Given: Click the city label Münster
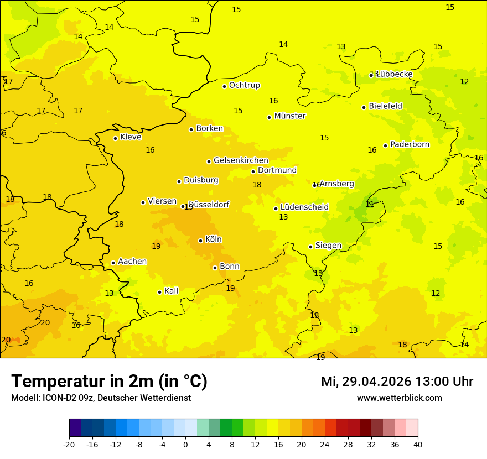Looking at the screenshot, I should click(289, 116).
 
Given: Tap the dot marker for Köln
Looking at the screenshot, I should click(200, 241).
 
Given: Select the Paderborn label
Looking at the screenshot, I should click(410, 144).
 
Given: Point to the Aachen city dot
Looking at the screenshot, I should click(113, 263).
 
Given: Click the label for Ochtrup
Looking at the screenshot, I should click(244, 85).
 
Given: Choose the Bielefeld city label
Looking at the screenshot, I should click(385, 106).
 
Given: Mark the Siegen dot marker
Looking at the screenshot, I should click(310, 247).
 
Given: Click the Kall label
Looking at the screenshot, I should click(171, 291).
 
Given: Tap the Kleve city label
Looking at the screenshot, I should click(131, 137).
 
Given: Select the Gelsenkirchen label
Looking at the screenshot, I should click(241, 160).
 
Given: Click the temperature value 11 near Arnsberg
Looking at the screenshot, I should click(370, 205).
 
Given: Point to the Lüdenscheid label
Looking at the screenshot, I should click(304, 207).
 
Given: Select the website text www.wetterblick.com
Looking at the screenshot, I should click(399, 398).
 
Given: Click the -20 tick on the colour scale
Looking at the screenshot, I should click(69, 444).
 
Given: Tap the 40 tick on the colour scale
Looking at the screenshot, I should click(418, 444).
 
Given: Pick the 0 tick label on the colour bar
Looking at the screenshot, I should click(185, 444).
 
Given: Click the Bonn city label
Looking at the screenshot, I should click(230, 267).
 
